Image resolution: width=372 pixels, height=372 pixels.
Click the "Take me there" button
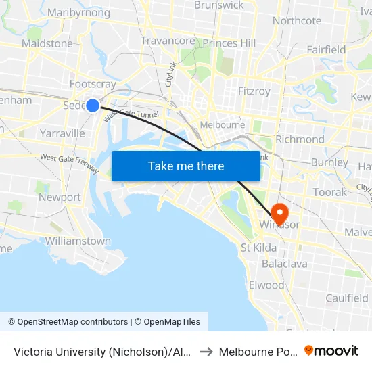click(x=186, y=166)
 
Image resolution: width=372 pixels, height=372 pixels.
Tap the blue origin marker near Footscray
click(x=93, y=105)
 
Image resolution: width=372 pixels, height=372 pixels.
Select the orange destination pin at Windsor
click(x=277, y=212)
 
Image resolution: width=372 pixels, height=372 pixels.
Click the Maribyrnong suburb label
click(x=78, y=13)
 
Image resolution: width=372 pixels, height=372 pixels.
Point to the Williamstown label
click(x=78, y=241)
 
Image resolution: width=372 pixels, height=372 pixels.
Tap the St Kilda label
click(x=258, y=248)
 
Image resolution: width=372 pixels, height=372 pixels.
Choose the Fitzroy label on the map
click(x=254, y=91)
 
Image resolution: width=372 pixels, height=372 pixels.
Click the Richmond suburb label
click(x=300, y=139)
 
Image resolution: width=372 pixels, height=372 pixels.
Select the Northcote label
click(x=297, y=20)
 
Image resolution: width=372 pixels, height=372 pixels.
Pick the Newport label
click(x=60, y=197)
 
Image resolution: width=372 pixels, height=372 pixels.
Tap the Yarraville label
click(x=62, y=133)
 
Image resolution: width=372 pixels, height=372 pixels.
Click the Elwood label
click(x=266, y=285)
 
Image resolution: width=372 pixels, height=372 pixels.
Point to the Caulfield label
click(x=347, y=298)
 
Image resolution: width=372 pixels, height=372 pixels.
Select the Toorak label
click(x=330, y=192)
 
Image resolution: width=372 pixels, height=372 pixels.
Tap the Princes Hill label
click(x=229, y=43)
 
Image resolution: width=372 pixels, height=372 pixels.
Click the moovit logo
click(x=331, y=350)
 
